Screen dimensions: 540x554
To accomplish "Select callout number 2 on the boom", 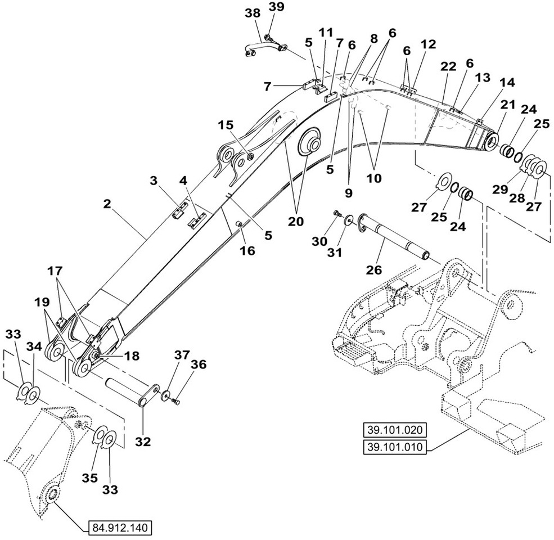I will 107,203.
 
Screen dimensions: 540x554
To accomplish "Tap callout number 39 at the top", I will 276,7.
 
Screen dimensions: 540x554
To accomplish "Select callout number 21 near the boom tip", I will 508,105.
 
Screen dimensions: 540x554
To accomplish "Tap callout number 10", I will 373,178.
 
